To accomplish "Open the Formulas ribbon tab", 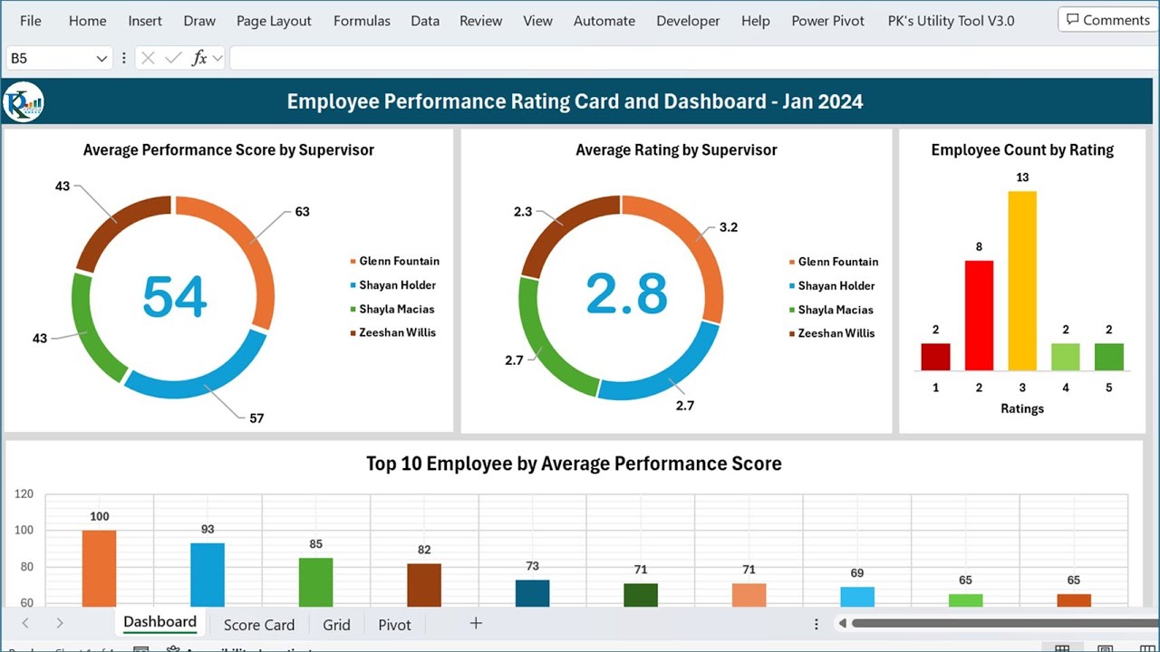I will pyautogui.click(x=362, y=21).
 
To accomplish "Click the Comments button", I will pyautogui.click(x=1107, y=20).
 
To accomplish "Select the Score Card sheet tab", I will pyautogui.click(x=258, y=625).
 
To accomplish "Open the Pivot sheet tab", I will pyautogui.click(x=394, y=625).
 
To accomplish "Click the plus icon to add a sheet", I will pyautogui.click(x=476, y=623).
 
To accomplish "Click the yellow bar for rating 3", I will pyautogui.click(x=1022, y=281).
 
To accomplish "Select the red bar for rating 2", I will pyautogui.click(x=979, y=315).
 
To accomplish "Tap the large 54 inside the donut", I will pyautogui.click(x=175, y=297).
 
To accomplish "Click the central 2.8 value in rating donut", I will pyautogui.click(x=626, y=294).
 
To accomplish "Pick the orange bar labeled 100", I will pyautogui.click(x=99, y=568).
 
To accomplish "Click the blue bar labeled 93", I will pyautogui.click(x=208, y=574).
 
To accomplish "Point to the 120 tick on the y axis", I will pyautogui.click(x=24, y=494).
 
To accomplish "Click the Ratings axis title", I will pyautogui.click(x=1022, y=408).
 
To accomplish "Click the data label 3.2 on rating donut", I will pyautogui.click(x=729, y=227).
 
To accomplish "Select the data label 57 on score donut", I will pyautogui.click(x=256, y=418).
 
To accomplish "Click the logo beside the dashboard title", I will pyautogui.click(x=24, y=101).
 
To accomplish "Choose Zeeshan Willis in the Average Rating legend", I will pyautogui.click(x=836, y=333).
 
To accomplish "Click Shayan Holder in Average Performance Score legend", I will pyautogui.click(x=398, y=285).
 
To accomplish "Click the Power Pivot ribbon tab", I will pyautogui.click(x=827, y=21).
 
